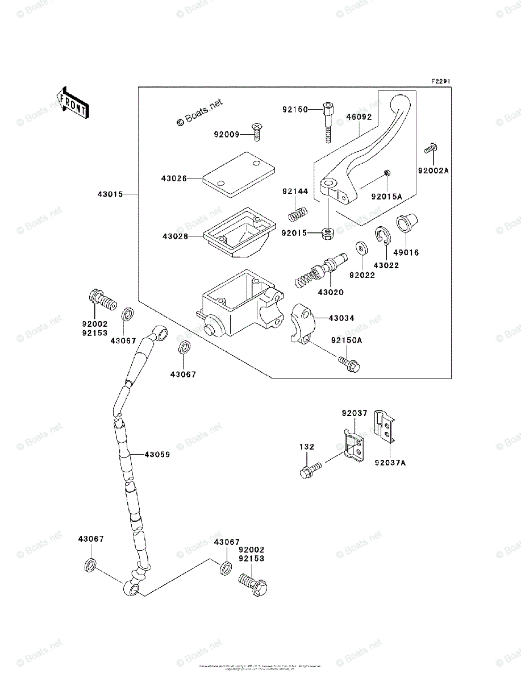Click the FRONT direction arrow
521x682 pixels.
click(x=73, y=103)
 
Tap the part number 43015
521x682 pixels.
click(x=109, y=194)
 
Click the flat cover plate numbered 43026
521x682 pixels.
click(x=237, y=173)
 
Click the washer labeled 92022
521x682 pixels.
click(x=361, y=249)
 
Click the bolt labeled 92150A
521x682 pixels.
click(x=349, y=363)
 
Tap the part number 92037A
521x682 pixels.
click(x=390, y=463)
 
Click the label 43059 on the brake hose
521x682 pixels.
click(x=157, y=454)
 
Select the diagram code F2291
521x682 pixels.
click(x=440, y=82)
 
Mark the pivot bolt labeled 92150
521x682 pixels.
click(x=328, y=119)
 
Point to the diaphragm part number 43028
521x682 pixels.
click(x=174, y=236)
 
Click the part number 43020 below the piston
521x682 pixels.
click(x=331, y=292)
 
